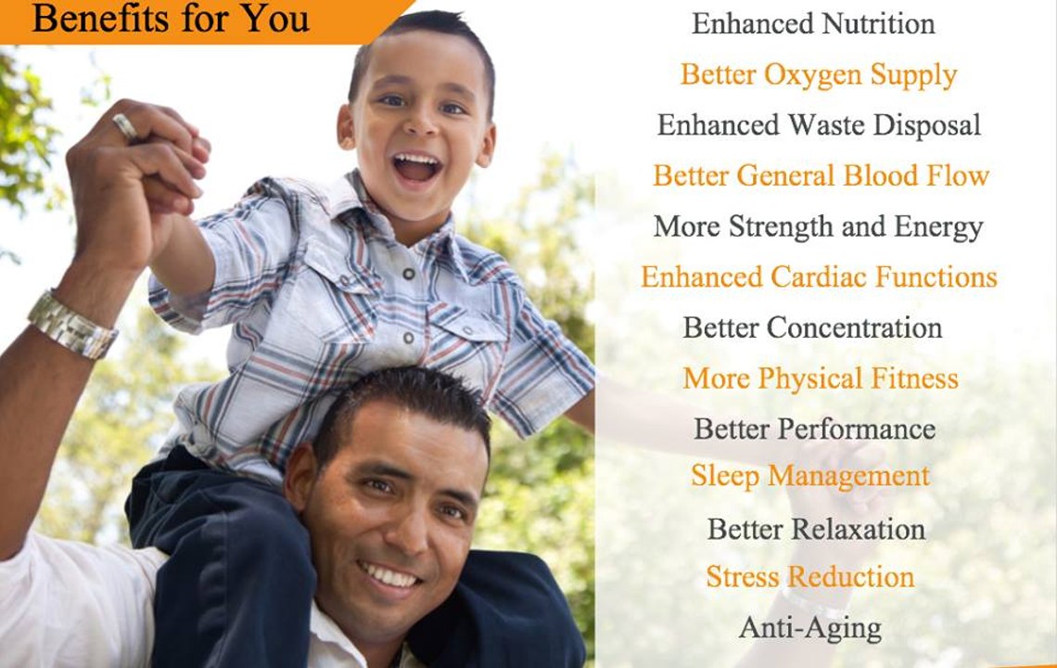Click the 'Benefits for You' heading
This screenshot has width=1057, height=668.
[x=171, y=19]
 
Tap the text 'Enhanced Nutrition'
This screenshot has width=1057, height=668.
[x=813, y=24]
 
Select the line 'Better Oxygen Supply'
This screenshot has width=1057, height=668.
[x=819, y=75]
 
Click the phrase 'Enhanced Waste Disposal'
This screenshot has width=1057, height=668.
[x=819, y=125]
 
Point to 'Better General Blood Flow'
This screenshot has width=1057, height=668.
[x=821, y=176]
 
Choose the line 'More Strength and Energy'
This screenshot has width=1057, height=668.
[x=819, y=227]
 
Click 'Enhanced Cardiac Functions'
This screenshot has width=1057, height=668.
[x=819, y=277]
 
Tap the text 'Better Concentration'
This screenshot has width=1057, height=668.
[x=812, y=328]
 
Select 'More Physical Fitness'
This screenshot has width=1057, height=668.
[x=821, y=379]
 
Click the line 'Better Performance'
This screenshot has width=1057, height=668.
[x=814, y=430]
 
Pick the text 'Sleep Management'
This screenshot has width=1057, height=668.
[x=810, y=477]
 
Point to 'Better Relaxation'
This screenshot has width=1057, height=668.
[x=816, y=530]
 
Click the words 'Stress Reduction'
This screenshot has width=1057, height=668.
[x=810, y=577]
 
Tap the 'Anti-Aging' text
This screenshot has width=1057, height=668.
[x=810, y=629]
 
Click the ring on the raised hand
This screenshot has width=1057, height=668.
[x=125, y=126]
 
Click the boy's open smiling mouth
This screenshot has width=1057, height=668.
[x=416, y=167]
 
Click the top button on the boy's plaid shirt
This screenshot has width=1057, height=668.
[x=409, y=274]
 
